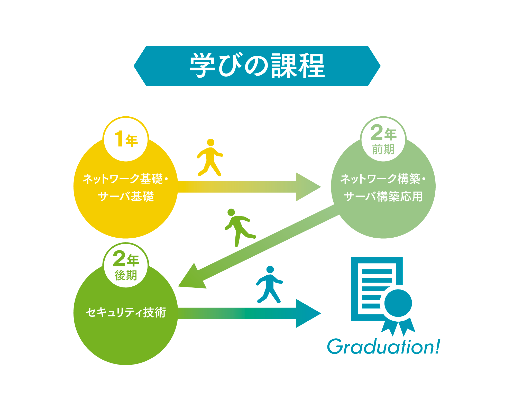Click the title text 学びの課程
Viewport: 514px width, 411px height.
pos(257,66)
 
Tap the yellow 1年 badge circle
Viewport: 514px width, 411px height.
pos(126,139)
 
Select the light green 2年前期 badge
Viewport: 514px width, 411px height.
pos(383,139)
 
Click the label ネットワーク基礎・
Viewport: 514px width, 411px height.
pos(125,179)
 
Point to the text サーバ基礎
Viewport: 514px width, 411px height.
pos(126,197)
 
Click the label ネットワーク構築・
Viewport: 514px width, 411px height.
pos(383,179)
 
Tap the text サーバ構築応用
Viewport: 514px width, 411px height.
pos(383,197)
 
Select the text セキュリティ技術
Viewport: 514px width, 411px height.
pos(126,313)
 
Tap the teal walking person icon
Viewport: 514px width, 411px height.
pos(270,284)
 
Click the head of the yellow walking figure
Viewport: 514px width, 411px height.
pos(211,142)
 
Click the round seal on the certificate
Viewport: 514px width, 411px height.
pos(398,303)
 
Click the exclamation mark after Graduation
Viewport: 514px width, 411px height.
pos(437,347)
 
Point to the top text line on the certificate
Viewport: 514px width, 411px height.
pos(377,272)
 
